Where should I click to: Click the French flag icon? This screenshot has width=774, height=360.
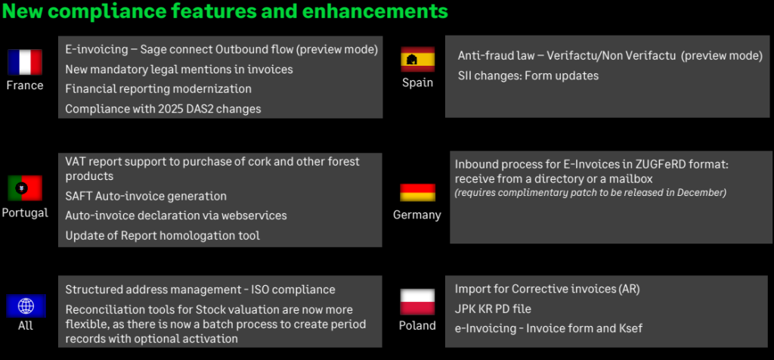[25, 62]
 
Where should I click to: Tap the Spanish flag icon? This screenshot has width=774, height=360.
[417, 59]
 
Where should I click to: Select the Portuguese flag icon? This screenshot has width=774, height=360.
[25, 188]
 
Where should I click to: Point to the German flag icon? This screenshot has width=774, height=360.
[417, 193]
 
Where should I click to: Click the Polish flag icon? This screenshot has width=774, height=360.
[417, 303]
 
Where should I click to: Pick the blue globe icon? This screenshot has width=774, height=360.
[26, 306]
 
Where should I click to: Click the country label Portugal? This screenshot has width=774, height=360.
[25, 213]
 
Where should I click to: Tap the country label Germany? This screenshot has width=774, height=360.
[417, 215]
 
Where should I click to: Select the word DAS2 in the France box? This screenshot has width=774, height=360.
[208, 109]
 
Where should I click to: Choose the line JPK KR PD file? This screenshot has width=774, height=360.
[493, 309]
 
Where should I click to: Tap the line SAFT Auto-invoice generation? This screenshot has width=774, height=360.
[146, 196]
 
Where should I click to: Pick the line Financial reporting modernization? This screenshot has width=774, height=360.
[159, 89]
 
